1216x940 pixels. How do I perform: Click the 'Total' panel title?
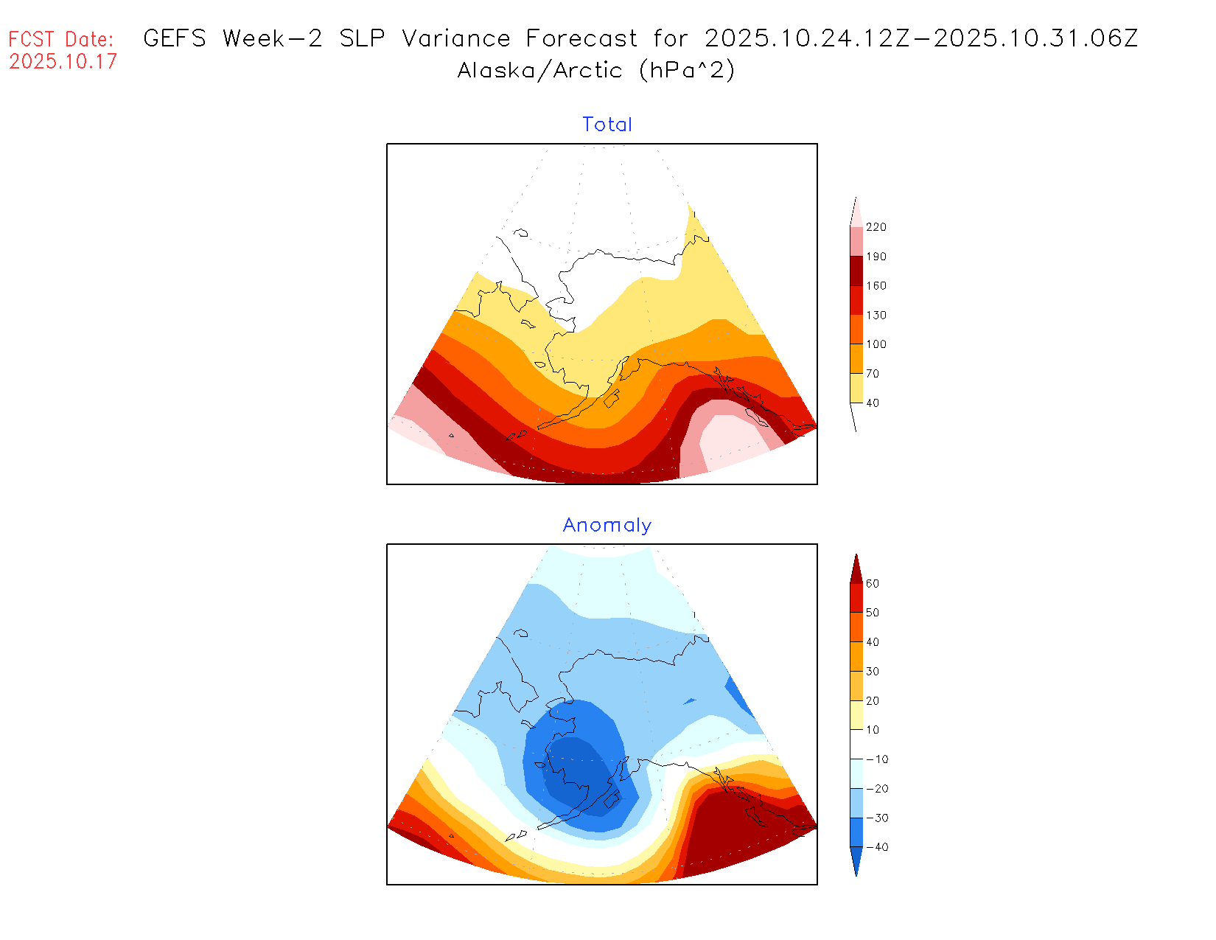point(607,125)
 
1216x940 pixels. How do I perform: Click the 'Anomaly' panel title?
point(607,525)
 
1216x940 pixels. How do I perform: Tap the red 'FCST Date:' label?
point(61,39)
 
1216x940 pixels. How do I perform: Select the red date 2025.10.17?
point(63,61)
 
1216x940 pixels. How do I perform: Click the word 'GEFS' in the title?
point(175,38)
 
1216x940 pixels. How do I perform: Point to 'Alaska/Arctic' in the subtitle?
point(539,70)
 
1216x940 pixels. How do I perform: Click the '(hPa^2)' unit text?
point(687,70)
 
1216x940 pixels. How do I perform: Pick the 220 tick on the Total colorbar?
point(876,227)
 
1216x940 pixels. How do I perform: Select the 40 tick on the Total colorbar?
point(872,403)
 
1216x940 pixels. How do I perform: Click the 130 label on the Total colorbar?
point(876,315)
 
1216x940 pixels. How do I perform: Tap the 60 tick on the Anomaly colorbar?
point(872,583)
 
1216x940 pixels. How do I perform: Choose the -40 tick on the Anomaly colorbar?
point(876,847)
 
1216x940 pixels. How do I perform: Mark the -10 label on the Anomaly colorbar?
point(876,759)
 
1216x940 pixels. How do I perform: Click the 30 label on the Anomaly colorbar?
point(872,671)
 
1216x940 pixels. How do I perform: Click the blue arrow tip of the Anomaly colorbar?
point(856,870)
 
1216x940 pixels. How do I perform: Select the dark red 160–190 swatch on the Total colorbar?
point(856,271)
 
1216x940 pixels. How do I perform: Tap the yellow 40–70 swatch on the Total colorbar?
point(856,388)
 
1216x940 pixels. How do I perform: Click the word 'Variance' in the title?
point(455,38)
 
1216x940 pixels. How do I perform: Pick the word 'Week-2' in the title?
point(272,38)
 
